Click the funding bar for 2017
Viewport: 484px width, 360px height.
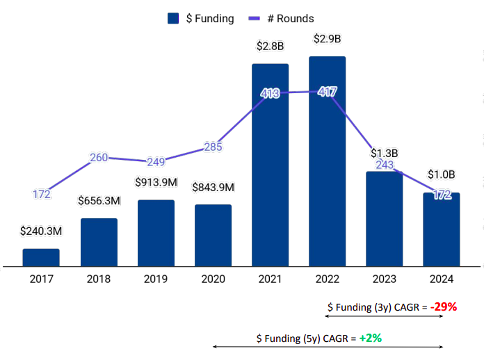tap(41, 257)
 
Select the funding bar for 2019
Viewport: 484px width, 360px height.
tap(156, 233)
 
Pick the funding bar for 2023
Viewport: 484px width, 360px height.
tap(384, 218)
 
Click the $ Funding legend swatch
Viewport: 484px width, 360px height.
tap(174, 19)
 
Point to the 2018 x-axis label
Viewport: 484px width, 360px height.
tap(99, 279)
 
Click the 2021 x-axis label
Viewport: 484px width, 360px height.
tap(270, 279)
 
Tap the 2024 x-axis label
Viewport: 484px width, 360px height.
tap(441, 279)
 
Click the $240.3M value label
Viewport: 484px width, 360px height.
tap(41, 230)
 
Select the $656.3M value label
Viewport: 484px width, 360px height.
tap(98, 201)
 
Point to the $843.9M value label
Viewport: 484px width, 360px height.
tap(213, 187)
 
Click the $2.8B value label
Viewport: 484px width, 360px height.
tap(270, 47)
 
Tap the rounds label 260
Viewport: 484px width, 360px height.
tap(99, 157)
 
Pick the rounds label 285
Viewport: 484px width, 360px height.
tap(213, 147)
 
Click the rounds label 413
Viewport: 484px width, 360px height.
tap(270, 93)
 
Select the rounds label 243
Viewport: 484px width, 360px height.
tap(384, 165)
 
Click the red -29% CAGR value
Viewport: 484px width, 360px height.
tap(443, 306)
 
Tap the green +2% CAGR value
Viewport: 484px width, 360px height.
tap(371, 338)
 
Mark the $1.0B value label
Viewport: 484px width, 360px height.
tap(441, 174)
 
